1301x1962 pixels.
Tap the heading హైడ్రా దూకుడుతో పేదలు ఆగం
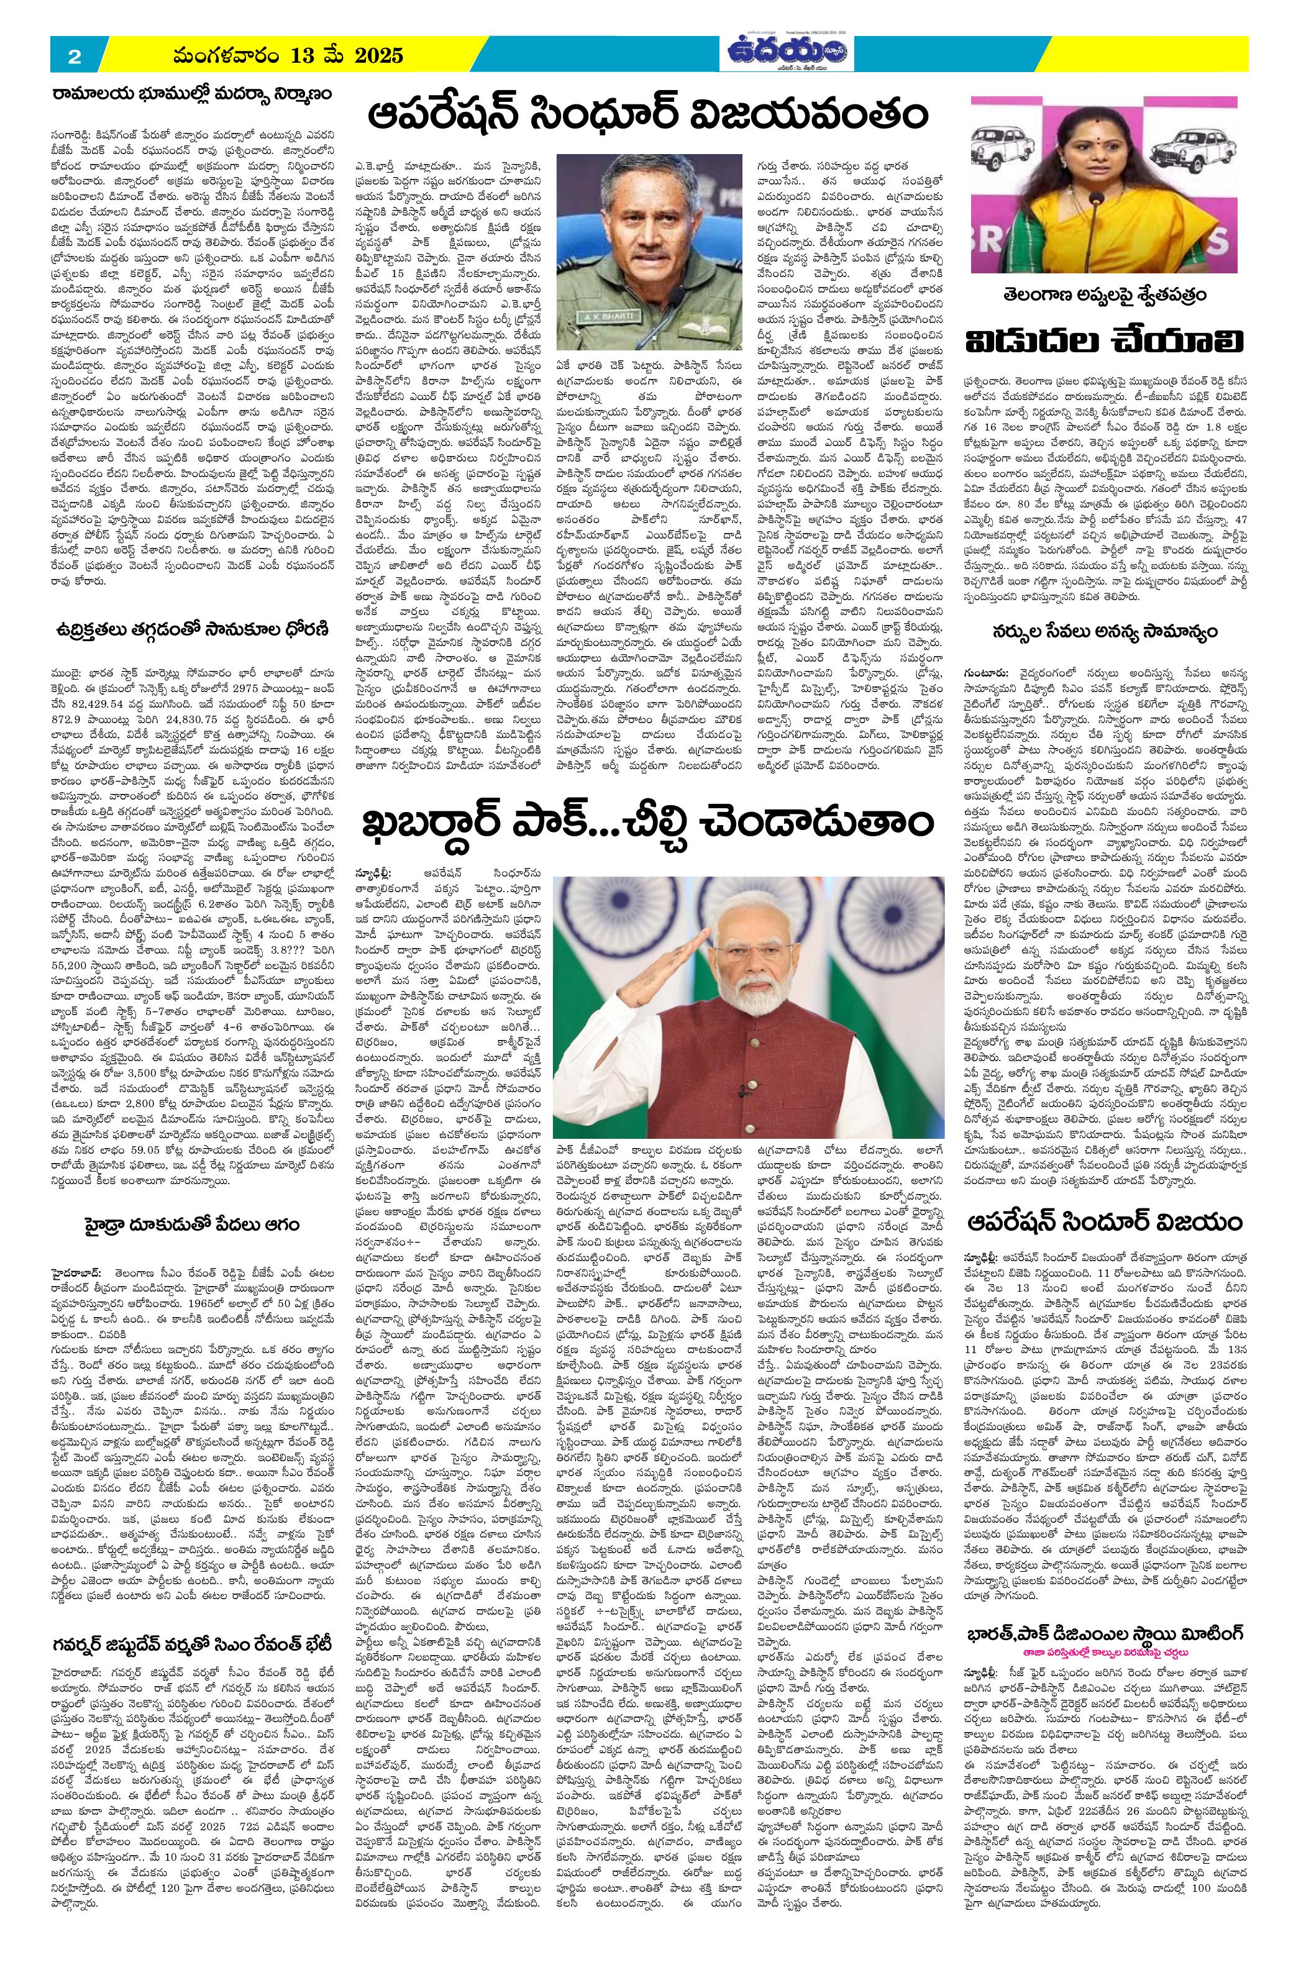(191, 1225)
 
